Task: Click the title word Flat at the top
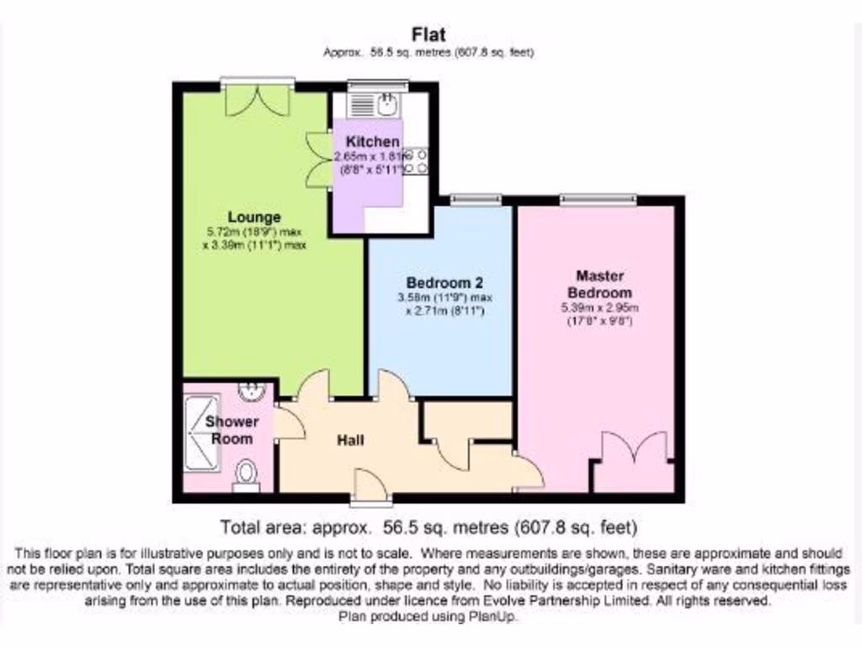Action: click(x=428, y=35)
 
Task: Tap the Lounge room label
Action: click(x=253, y=217)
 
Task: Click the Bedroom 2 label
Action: click(x=444, y=282)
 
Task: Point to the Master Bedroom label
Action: click(x=599, y=283)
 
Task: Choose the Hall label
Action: click(x=351, y=440)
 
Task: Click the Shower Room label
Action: click(x=231, y=430)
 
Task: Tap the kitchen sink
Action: click(x=387, y=104)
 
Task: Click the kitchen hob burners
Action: click(x=417, y=162)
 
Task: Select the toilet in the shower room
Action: click(x=246, y=473)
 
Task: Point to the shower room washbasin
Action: click(x=250, y=392)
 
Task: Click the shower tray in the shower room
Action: click(x=202, y=438)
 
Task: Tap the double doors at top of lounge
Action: click(x=258, y=99)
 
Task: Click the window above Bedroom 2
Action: click(x=476, y=200)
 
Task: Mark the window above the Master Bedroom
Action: click(x=598, y=200)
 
